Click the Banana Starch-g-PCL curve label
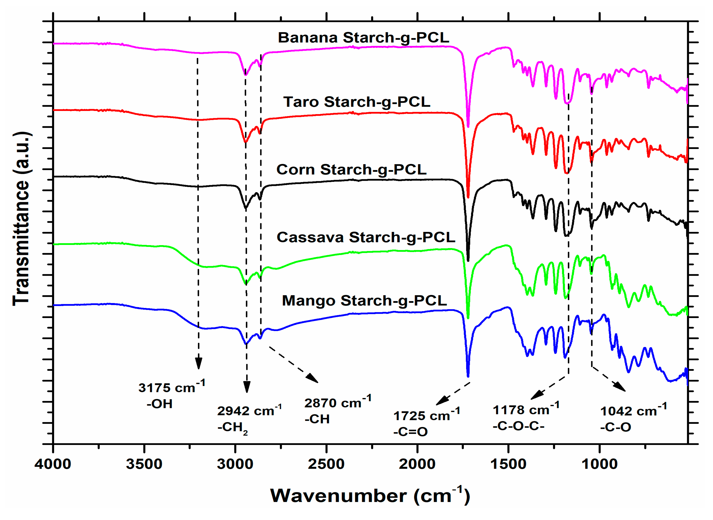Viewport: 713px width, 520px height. [x=363, y=38]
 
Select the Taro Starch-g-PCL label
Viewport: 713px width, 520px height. [x=357, y=102]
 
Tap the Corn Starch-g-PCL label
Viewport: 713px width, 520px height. [x=351, y=170]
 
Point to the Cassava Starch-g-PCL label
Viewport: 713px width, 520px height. [x=366, y=237]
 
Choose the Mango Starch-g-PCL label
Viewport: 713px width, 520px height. [x=364, y=301]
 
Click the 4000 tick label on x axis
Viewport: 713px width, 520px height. [x=53, y=464]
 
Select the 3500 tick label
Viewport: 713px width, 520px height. [x=144, y=464]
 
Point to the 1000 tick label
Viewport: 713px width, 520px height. [x=599, y=464]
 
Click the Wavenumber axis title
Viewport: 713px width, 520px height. [x=370, y=496]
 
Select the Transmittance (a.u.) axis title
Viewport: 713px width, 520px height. [x=21, y=219]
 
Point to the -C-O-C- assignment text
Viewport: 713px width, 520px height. [x=518, y=426]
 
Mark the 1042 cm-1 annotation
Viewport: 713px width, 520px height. [x=633, y=411]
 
